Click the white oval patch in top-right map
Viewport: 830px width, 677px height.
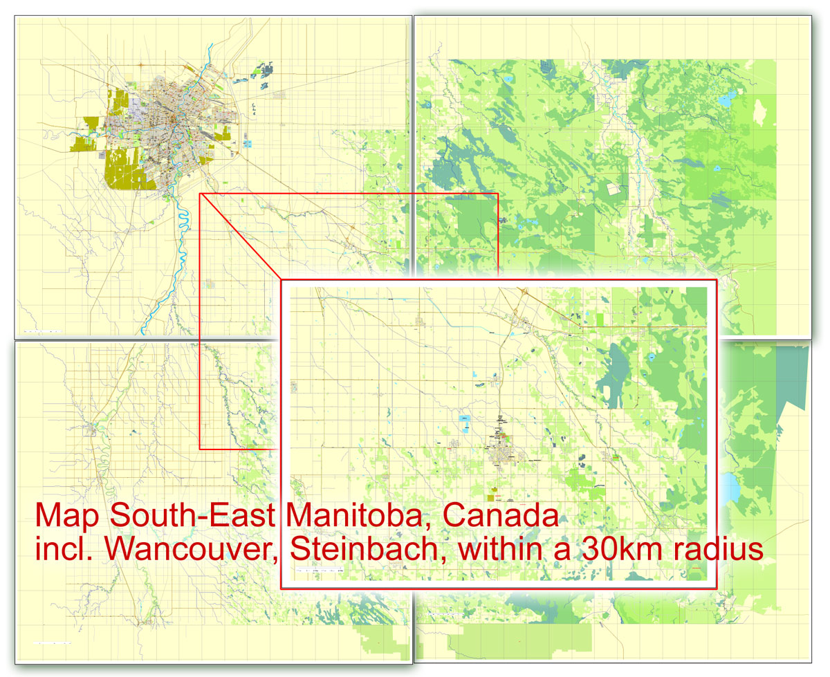point(761,111)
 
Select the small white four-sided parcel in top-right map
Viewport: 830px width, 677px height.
point(613,188)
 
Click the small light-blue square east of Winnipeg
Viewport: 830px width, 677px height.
point(248,145)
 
